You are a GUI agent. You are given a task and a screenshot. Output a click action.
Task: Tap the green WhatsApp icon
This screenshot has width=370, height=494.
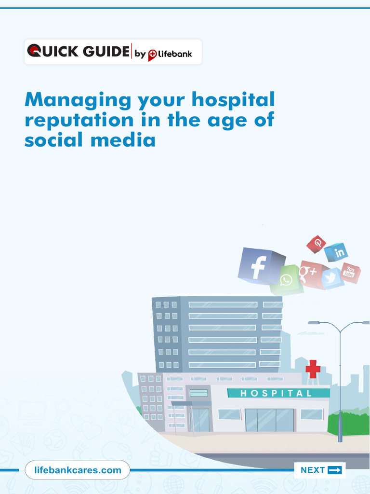pos(286,280)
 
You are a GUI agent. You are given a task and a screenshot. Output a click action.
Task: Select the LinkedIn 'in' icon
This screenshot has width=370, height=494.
pos(336,252)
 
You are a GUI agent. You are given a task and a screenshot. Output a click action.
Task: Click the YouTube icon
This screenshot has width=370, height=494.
pos(350,273)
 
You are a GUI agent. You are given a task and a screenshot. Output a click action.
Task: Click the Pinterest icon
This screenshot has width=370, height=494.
pos(317,244)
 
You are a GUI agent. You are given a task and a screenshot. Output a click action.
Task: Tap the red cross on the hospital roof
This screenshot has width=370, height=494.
pos(313,369)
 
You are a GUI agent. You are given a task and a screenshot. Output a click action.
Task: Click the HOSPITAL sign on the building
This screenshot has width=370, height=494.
pos(276,393)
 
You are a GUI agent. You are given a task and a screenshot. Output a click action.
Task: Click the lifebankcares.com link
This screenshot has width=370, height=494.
pos(78,470)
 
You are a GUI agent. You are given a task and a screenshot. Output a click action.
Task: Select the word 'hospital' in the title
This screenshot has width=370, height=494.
pos(233,100)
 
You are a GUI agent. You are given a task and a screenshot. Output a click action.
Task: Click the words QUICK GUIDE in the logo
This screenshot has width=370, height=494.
pos(78,52)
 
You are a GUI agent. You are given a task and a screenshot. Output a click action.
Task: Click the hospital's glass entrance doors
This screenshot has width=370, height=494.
pos(269,420)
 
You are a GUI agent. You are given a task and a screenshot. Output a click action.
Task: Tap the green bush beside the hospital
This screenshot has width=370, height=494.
pos(348,424)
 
